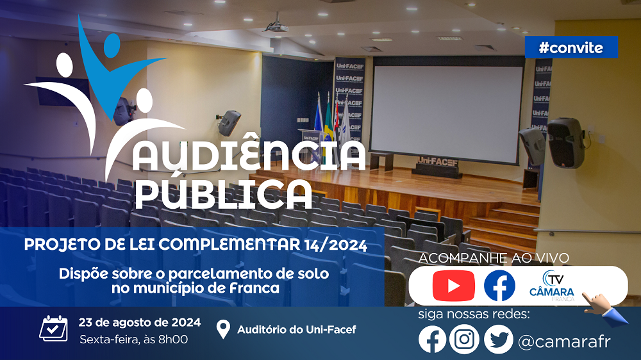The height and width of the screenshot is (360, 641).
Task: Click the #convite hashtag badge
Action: click(x=571, y=47)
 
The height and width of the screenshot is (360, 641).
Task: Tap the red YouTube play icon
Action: click(x=453, y=286)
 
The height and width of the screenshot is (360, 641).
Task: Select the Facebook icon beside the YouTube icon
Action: click(x=499, y=286)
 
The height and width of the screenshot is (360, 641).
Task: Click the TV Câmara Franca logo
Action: click(x=552, y=286)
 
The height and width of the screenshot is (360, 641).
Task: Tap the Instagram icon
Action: click(x=464, y=339)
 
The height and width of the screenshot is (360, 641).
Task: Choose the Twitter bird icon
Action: click(x=498, y=339)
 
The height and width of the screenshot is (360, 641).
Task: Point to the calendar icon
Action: click(x=54, y=328)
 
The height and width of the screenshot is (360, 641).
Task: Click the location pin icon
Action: click(x=223, y=329)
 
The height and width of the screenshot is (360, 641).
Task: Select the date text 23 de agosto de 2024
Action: click(x=139, y=322)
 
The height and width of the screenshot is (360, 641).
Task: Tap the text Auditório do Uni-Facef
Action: click(x=297, y=329)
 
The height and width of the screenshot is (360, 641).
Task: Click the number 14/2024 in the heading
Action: click(x=336, y=245)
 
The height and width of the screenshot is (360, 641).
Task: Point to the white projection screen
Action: click(x=447, y=110)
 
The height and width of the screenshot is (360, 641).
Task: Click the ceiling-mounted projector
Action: click(x=276, y=26)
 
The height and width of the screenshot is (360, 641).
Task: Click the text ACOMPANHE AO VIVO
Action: click(x=494, y=258)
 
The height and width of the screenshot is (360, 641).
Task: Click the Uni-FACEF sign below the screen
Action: click(x=437, y=162)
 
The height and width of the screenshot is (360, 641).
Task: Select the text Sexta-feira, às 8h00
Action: click(x=134, y=340)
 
